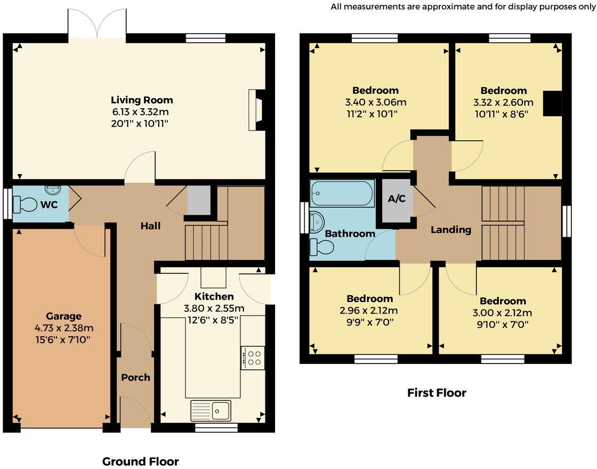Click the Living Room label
coord(142,100)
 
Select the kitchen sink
coord(211,410)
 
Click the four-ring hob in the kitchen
coord(252,358)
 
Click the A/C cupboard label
coord(397,199)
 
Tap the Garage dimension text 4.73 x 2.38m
coord(63,328)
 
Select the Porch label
coord(135,377)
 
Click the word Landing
coord(451,230)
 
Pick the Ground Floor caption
coord(140,462)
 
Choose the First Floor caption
coord(437,393)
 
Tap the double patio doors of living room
coord(97,25)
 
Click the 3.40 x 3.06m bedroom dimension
coord(375,102)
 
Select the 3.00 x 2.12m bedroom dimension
coord(502,313)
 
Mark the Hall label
coord(150,226)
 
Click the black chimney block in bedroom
coord(552,103)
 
